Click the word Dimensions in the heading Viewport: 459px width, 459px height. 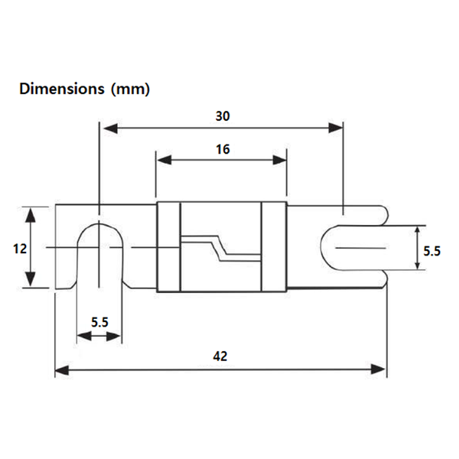pyautogui.click(x=61, y=89)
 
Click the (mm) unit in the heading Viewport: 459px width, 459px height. pyautogui.click(x=130, y=89)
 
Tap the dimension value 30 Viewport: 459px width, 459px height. pyautogui.click(x=223, y=116)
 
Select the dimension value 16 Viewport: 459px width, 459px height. pyautogui.click(x=223, y=150)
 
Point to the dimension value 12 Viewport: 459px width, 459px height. pyautogui.click(x=20, y=249)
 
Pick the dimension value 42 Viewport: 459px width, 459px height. pyautogui.click(x=220, y=356)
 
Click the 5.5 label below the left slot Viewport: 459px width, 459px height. pyautogui.click(x=99, y=322)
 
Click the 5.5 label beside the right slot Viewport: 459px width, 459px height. pyautogui.click(x=431, y=252)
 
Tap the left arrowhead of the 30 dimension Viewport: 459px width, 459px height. pyautogui.click(x=111, y=129)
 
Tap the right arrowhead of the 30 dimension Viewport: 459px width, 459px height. pyautogui.click(x=336, y=128)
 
